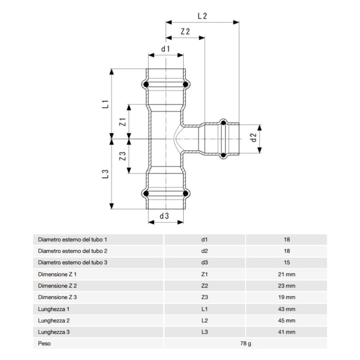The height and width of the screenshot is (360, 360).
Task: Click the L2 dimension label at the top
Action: [202, 16]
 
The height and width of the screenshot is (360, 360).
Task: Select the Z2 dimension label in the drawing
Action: [185, 32]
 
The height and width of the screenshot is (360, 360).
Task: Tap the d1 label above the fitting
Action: [165, 48]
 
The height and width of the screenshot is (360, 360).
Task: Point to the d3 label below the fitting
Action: [164, 216]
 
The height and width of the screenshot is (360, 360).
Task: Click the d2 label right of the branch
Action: [253, 138]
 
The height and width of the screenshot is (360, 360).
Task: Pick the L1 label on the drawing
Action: [107, 104]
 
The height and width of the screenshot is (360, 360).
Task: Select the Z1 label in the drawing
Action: [123, 122]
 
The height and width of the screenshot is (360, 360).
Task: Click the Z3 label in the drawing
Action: [123, 156]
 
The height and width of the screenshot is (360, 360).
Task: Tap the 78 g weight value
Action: [245, 343]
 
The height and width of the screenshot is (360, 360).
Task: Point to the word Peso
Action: [44, 343]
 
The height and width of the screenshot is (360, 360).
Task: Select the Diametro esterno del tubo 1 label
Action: [72, 239]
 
